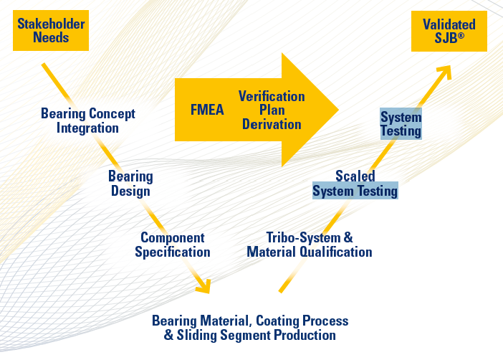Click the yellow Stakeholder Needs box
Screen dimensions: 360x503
coord(50,31)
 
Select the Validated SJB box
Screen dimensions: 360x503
coord(449,32)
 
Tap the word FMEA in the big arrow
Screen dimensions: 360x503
coord(208,110)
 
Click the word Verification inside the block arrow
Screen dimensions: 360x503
coord(272,96)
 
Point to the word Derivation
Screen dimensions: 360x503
coord(272,124)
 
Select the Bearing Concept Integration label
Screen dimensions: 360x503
coord(87,120)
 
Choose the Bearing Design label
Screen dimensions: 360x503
coord(130,183)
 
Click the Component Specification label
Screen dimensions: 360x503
coord(172,245)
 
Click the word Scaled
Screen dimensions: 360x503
coord(355,176)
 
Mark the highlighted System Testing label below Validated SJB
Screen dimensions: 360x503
coord(401,124)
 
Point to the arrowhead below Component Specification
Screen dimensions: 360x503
coord(203,288)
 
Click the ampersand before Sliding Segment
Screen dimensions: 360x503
coord(169,335)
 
